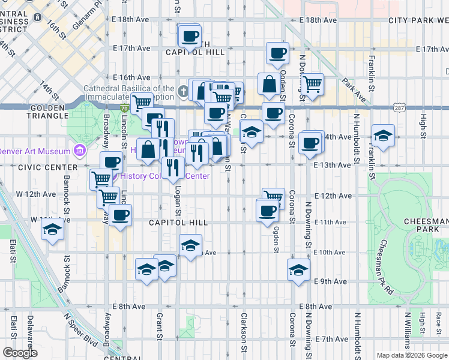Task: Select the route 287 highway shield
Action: pos(381,107)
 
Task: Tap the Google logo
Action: pos(20,353)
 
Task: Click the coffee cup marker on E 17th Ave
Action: pos(277,53)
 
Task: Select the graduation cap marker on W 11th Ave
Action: pos(53,230)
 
